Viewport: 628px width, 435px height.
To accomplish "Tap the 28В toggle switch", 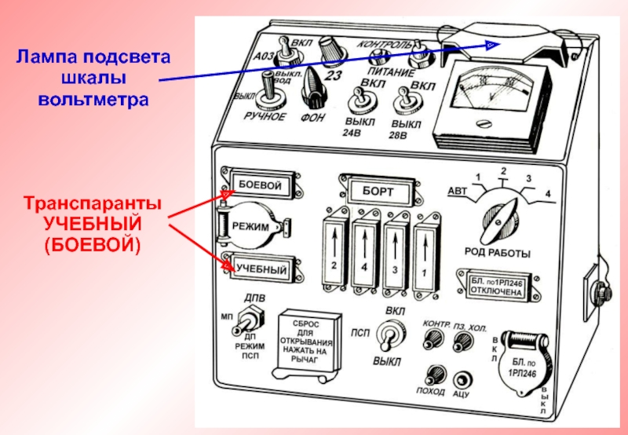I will pyautogui.click(x=406, y=102).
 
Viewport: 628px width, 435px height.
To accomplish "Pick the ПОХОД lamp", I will pyautogui.click(x=432, y=375).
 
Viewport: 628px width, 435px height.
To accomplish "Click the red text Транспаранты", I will pyautogui.click(x=92, y=203).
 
